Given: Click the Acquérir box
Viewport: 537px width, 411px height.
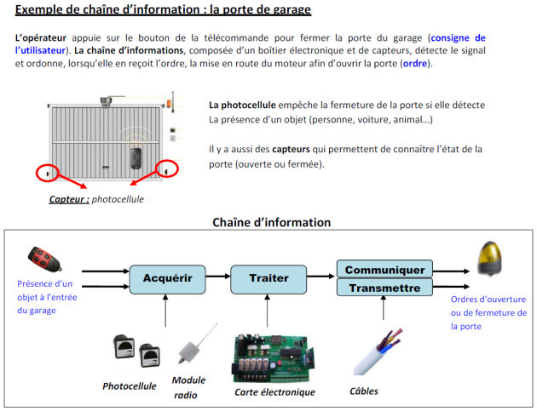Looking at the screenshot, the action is [x=167, y=279].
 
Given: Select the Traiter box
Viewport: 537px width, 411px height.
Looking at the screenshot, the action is [x=268, y=279].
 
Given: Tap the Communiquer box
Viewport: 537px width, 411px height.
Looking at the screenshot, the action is [x=384, y=269].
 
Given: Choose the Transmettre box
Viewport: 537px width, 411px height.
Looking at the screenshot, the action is [x=384, y=288].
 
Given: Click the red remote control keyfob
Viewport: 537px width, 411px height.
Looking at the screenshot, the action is [x=45, y=260].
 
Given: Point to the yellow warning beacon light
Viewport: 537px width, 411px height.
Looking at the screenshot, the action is [x=490, y=258].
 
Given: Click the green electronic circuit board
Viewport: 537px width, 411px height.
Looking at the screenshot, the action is [x=274, y=358].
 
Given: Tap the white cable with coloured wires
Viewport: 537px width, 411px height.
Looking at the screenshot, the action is [x=378, y=352].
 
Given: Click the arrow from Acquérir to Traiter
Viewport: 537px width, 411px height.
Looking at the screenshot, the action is [x=218, y=276].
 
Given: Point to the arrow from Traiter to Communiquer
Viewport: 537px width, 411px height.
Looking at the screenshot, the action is [x=320, y=276].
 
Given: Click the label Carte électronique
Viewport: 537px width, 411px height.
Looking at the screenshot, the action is [x=274, y=391].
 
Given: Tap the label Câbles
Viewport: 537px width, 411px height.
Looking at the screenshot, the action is [x=364, y=391].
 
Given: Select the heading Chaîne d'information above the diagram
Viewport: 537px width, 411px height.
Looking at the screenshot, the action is [x=272, y=222].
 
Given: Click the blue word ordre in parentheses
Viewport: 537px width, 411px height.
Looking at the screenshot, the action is [x=415, y=64].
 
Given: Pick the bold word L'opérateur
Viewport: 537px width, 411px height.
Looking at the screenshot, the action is [x=41, y=37].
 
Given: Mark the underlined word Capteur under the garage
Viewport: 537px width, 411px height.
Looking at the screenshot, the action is [x=69, y=199].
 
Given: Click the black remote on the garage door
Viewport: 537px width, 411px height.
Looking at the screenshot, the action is [x=136, y=158].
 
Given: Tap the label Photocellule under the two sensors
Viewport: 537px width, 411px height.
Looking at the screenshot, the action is [x=129, y=386].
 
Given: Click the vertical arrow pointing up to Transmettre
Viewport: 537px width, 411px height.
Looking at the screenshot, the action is [x=384, y=308].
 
